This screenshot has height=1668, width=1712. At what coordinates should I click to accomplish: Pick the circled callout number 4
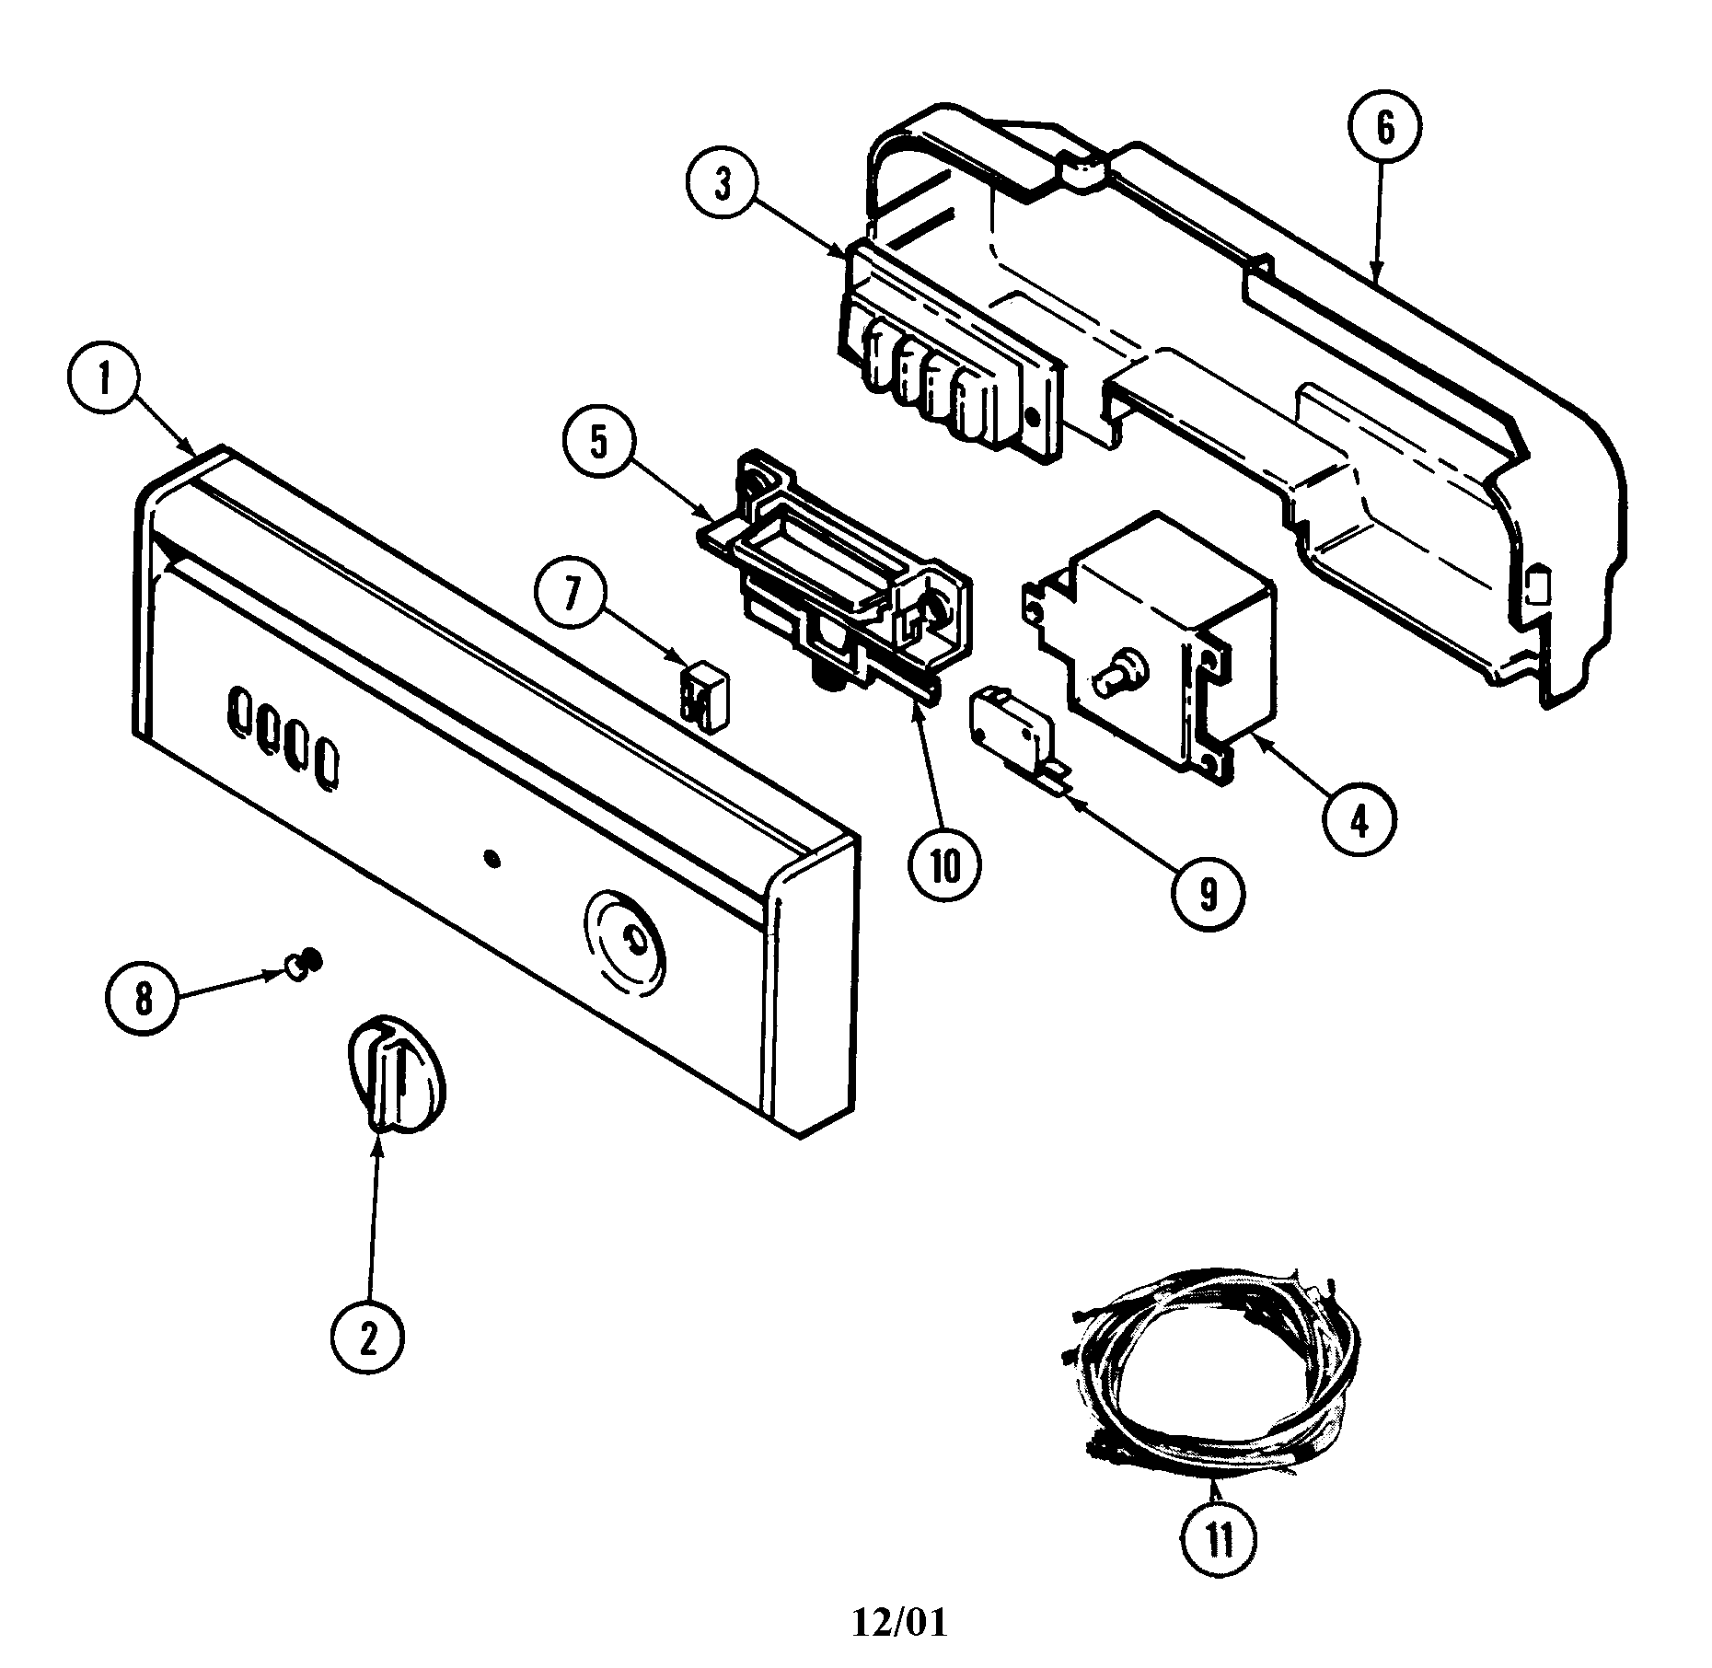tap(1359, 818)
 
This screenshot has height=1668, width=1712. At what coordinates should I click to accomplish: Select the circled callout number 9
tap(1208, 892)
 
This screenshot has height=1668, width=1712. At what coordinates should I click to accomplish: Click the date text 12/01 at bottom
tap(898, 1622)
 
